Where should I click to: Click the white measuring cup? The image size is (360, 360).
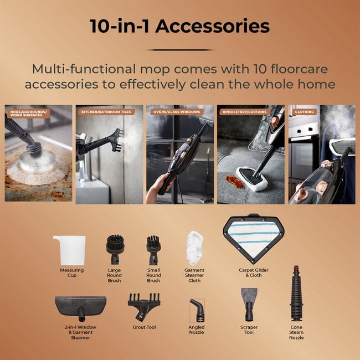pos(70,250)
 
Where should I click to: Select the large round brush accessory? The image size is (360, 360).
pos(115,249)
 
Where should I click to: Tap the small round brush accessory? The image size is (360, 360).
pos(153,249)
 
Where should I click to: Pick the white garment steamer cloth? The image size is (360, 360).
pos(195,247)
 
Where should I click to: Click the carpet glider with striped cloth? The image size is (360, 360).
pos(253,239)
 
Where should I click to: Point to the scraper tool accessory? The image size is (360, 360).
pos(249,302)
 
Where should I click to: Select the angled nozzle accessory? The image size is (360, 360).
pos(197,310)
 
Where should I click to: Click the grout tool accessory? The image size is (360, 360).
pos(143,306)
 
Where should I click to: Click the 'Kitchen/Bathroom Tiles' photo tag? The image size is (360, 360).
pos(99,112)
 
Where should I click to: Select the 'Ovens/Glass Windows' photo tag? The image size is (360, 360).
pos(176,112)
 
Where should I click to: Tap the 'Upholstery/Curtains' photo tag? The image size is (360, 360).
pos(244,112)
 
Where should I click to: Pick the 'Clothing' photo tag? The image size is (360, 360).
pos(304,112)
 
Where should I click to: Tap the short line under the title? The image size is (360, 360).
pos(179,50)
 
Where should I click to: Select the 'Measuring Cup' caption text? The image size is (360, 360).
pos(72,272)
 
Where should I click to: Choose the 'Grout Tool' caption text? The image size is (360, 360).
pos(143,327)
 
